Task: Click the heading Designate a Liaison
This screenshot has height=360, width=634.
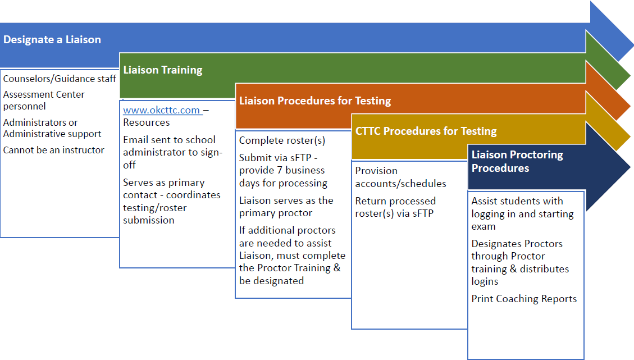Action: pyautogui.click(x=52, y=40)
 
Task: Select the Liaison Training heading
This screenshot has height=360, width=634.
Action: pyautogui.click(x=163, y=70)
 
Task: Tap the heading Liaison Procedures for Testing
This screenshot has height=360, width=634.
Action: pyautogui.click(x=315, y=101)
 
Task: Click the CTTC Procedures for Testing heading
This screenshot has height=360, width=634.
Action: pyautogui.click(x=426, y=131)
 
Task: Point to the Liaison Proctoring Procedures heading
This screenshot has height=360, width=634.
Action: pyautogui.click(x=517, y=161)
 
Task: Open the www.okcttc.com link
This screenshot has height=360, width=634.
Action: pyautogui.click(x=162, y=110)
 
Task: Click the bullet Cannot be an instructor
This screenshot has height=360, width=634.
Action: pyautogui.click(x=54, y=150)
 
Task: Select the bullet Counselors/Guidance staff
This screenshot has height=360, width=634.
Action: pyautogui.click(x=60, y=79)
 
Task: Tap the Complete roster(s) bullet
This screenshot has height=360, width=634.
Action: pyautogui.click(x=282, y=140)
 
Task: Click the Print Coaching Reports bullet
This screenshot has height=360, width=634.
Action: pyautogui.click(x=524, y=299)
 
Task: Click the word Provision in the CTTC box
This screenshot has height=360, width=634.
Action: pyautogui.click(x=376, y=171)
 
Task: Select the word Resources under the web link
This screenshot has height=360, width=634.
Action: pyautogui.click(x=146, y=122)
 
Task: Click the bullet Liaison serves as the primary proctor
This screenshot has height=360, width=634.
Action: pyautogui.click(x=286, y=207)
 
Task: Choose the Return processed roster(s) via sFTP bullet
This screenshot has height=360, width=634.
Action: pyautogui.click(x=395, y=207)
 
